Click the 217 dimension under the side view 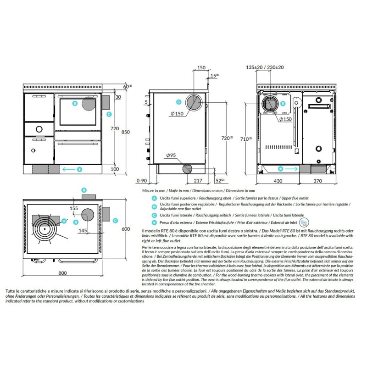click(x=197, y=182)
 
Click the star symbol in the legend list click(x=155, y=222)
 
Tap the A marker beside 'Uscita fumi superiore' click(x=155, y=198)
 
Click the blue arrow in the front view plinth click(x=69, y=169)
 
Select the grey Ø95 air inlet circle click(x=187, y=169)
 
